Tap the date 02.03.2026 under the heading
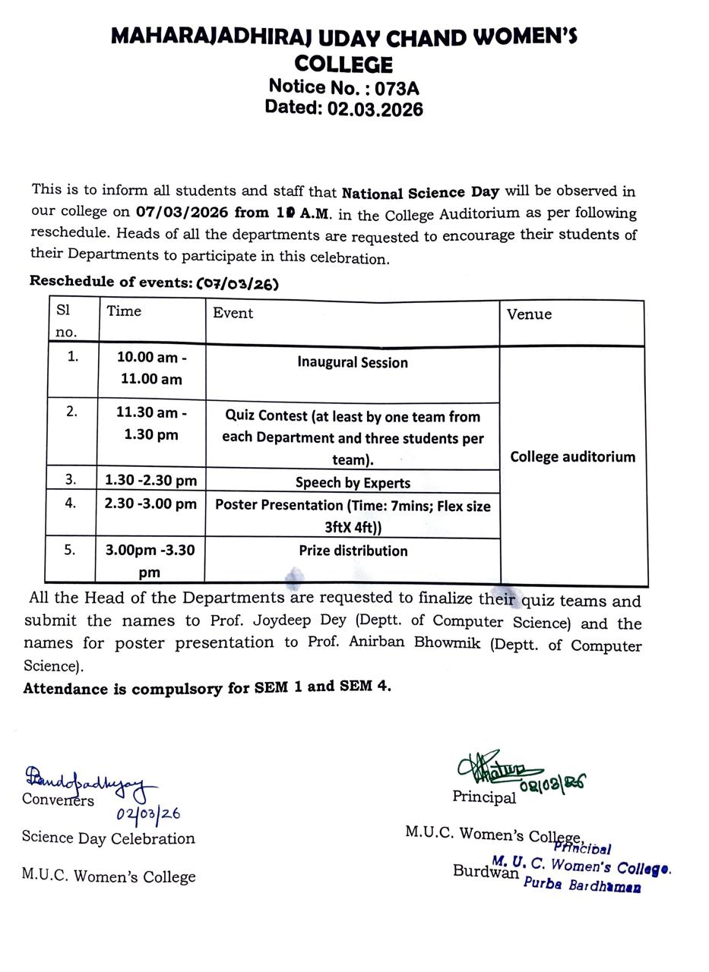[x=375, y=109]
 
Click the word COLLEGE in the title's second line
[x=343, y=64]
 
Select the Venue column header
[x=529, y=314]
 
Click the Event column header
[x=233, y=313]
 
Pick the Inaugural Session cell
[x=352, y=363]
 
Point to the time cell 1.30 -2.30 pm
[x=150, y=480]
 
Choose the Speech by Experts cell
[x=353, y=483]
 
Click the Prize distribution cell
[x=353, y=551]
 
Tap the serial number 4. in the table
[x=71, y=503]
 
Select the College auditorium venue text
[x=572, y=456]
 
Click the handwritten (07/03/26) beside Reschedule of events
[x=238, y=284]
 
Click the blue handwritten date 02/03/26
[x=148, y=814]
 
